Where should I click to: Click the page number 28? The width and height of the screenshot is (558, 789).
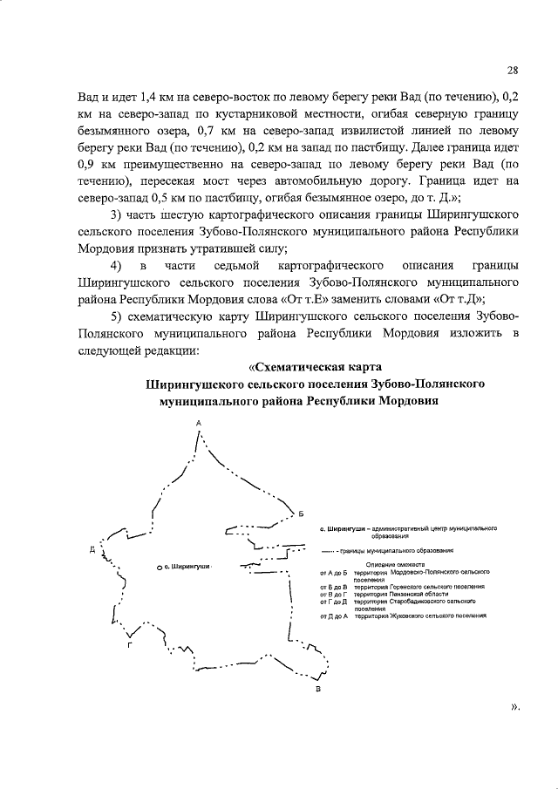pyautogui.click(x=512, y=71)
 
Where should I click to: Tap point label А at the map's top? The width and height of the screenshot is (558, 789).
pyautogui.click(x=199, y=423)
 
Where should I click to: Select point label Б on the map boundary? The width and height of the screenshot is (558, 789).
pyautogui.click(x=301, y=513)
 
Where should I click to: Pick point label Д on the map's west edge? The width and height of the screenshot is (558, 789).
pyautogui.click(x=92, y=550)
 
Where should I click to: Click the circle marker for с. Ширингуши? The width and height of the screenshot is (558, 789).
pyautogui.click(x=160, y=568)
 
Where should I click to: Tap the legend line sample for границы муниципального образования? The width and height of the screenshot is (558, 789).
pyautogui.click(x=329, y=551)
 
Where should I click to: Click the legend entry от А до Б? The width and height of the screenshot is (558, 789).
pyautogui.click(x=334, y=572)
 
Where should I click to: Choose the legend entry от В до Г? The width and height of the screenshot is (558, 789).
pyautogui.click(x=335, y=595)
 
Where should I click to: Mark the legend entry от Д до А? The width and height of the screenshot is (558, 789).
pyautogui.click(x=334, y=616)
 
